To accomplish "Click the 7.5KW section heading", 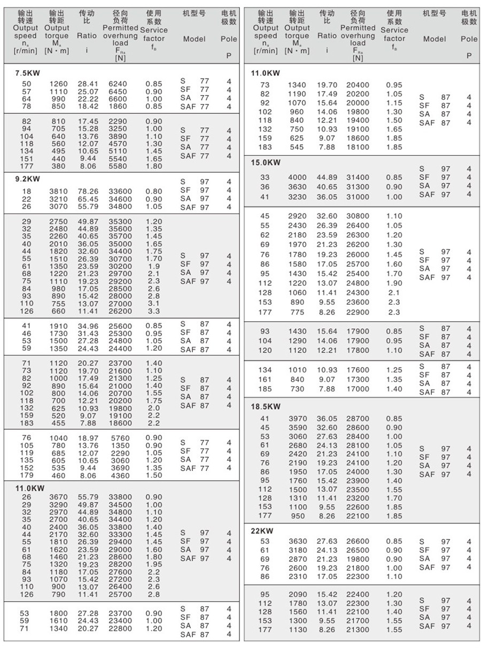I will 27,74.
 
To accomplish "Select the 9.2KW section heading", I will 27,180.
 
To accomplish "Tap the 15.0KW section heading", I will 266,163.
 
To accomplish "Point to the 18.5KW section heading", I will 266,406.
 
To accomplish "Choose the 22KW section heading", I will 262,531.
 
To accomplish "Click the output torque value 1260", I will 59,84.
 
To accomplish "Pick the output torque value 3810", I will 59,191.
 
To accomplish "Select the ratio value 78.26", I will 88,191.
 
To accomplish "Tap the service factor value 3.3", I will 153,311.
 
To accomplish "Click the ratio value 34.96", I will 88,325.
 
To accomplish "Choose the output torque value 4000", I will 298,178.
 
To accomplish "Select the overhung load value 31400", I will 358,178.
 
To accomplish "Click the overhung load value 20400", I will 358,85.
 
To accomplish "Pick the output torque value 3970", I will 298,419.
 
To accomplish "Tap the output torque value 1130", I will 298,629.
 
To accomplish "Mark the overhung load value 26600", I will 358,542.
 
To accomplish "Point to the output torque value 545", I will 298,147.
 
